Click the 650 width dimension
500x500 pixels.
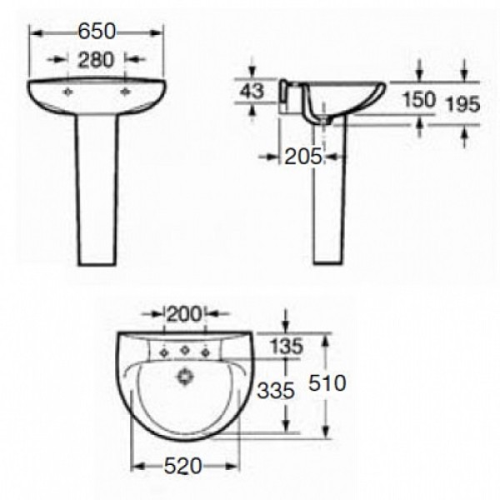97,32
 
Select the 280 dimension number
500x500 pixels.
96,60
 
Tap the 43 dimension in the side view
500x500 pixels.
252,91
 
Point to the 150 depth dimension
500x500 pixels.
419,99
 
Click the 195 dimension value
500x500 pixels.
462,104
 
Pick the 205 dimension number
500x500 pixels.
303,157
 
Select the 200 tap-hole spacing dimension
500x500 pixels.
185,314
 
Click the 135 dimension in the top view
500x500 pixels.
287,346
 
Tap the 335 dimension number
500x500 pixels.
276,390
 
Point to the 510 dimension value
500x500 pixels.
327,382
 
